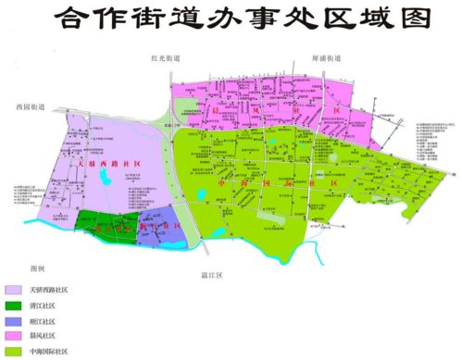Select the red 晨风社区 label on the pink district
(243, 109)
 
